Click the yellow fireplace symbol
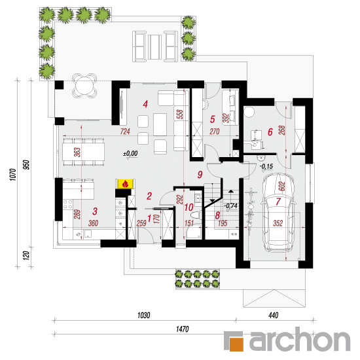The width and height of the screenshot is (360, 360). [126, 184]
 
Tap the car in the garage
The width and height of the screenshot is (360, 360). [278, 213]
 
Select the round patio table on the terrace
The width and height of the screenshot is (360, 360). [84, 86]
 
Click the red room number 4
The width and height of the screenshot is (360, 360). [145, 105]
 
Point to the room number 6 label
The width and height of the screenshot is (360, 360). [270, 132]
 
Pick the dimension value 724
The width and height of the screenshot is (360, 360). [125, 132]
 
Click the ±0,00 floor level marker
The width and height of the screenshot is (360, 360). [131, 153]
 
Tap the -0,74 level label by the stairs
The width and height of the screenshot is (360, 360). [231, 206]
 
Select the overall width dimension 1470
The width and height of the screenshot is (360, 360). [183, 329]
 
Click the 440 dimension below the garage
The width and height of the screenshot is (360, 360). [274, 315]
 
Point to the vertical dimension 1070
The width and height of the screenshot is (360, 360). [13, 175]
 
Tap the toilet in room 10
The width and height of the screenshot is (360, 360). [196, 215]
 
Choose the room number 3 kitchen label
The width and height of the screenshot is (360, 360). [95, 211]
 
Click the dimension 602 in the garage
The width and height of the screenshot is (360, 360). [282, 186]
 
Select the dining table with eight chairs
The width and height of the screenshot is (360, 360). [84, 152]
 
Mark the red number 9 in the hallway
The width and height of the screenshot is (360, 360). [200, 175]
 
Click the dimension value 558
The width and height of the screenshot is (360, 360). [181, 114]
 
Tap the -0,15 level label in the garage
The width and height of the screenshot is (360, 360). [266, 166]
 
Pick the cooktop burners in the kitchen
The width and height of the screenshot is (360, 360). [67, 204]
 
